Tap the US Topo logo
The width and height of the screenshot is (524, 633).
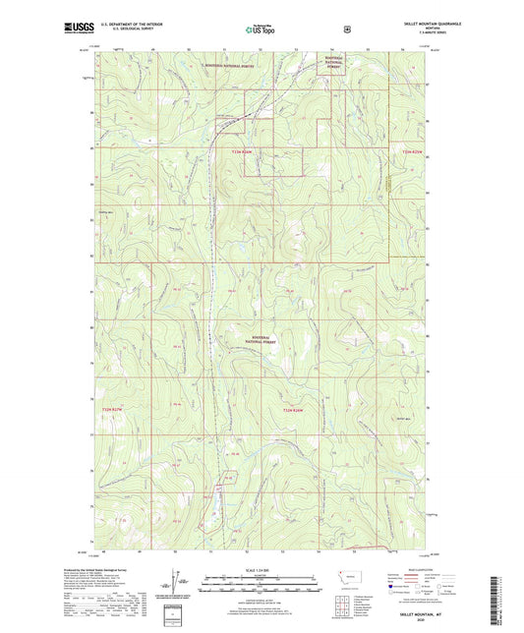point(261,29)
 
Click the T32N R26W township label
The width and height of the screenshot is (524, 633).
point(294,409)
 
